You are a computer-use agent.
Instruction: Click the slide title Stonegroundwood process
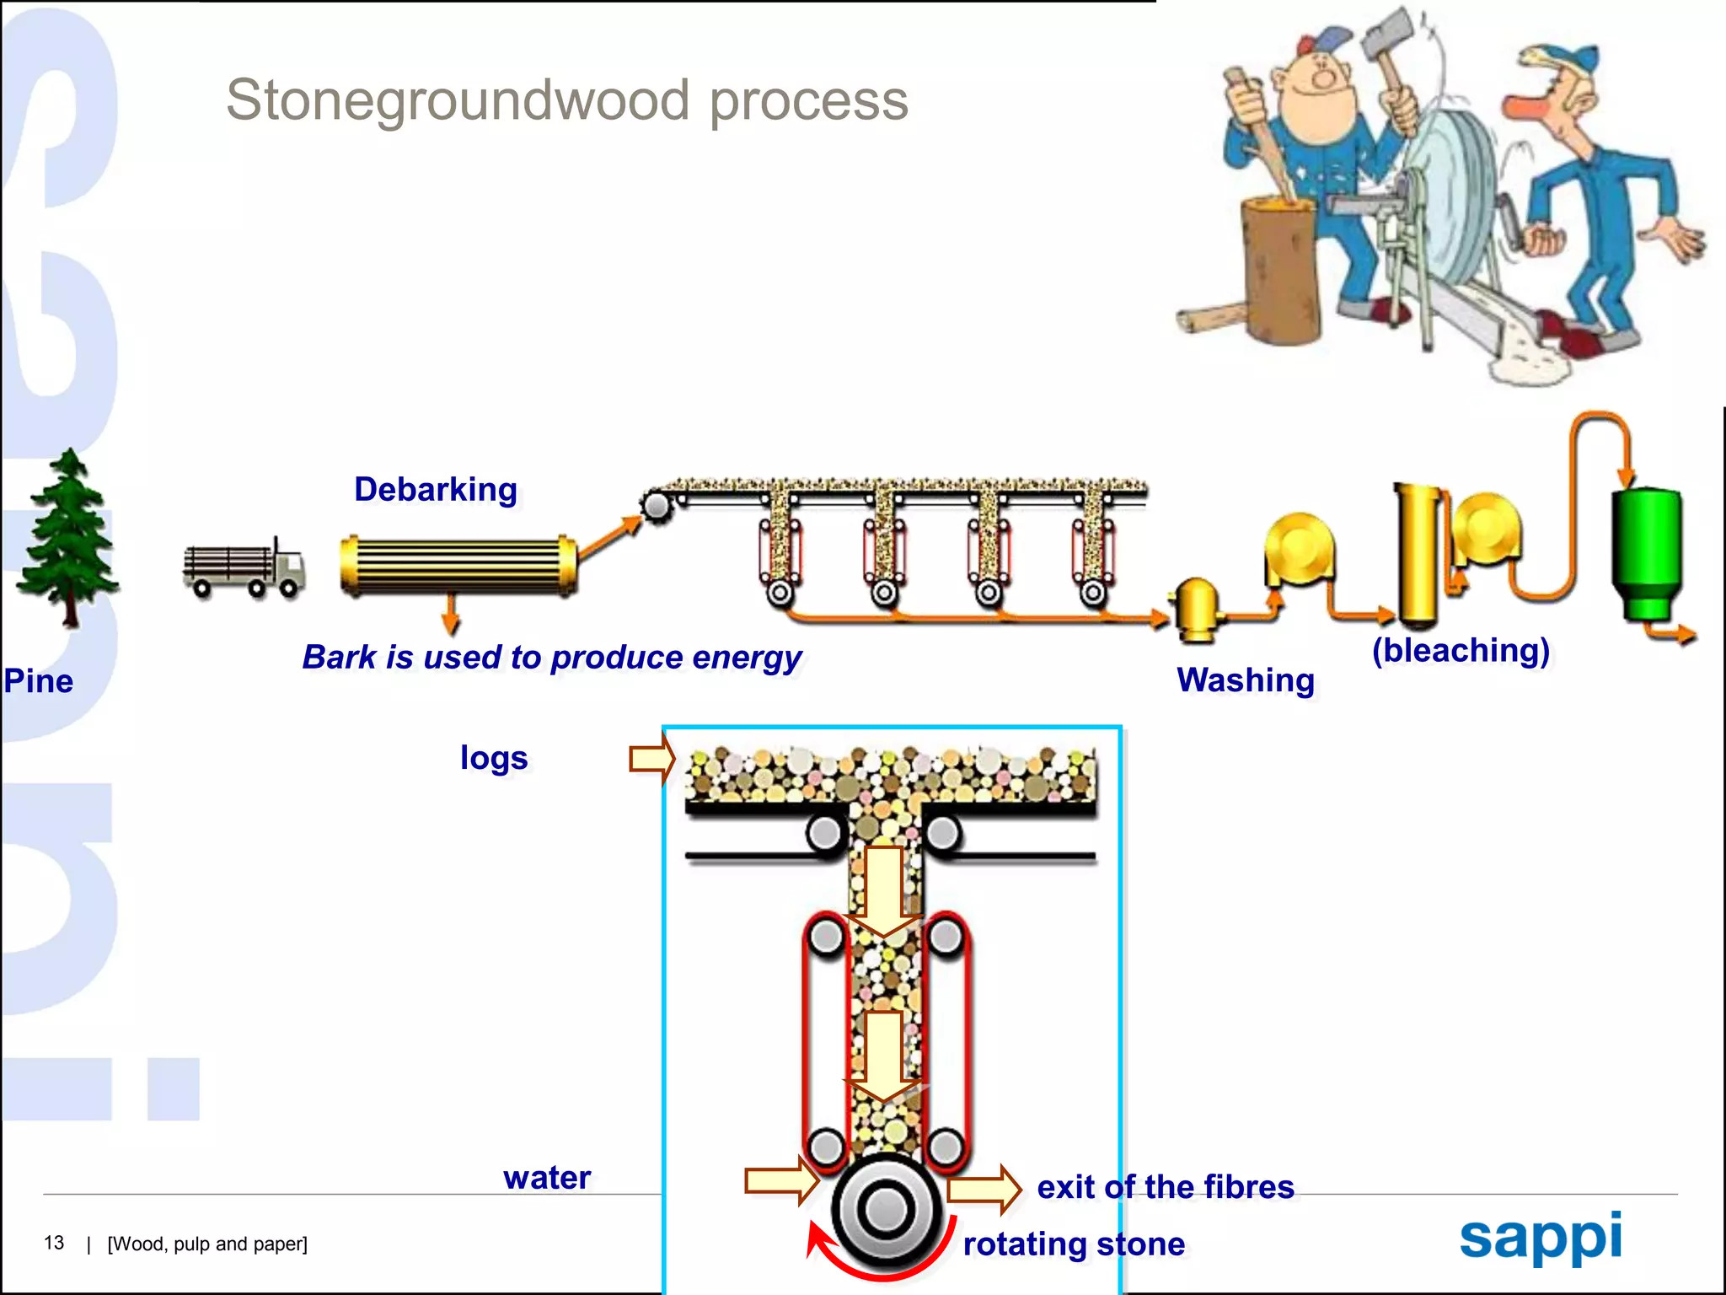click(567, 101)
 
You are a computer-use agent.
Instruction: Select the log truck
click(244, 567)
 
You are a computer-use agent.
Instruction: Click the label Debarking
click(436, 490)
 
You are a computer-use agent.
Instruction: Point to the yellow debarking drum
click(458, 566)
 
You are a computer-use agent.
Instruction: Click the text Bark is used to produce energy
click(552, 658)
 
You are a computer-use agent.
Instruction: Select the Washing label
click(1246, 680)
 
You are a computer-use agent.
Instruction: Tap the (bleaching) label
click(1461, 651)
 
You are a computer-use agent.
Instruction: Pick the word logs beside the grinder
click(494, 759)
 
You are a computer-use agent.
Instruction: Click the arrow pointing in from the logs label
click(652, 758)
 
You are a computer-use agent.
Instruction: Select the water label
click(547, 1178)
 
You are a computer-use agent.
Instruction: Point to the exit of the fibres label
click(1166, 1187)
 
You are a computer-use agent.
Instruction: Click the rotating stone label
click(1074, 1244)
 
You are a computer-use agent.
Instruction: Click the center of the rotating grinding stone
click(886, 1210)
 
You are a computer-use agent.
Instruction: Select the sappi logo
click(1541, 1239)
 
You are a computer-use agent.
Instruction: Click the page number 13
click(54, 1244)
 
